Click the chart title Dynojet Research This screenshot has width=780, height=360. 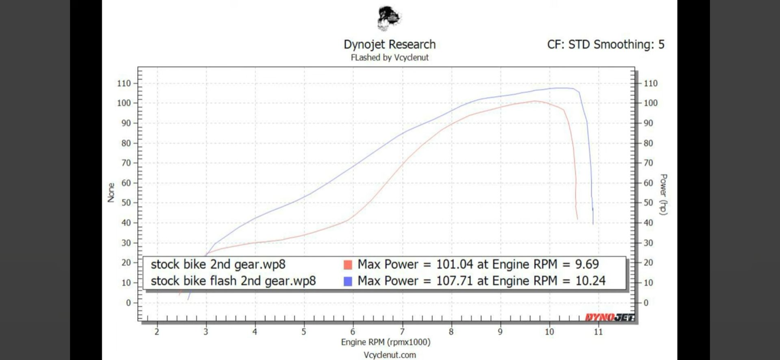tap(390, 44)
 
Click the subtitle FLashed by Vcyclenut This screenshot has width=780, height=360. tap(390, 58)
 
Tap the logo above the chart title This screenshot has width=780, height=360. tap(389, 19)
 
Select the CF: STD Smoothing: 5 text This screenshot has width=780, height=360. tap(605, 44)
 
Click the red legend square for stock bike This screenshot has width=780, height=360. tap(348, 265)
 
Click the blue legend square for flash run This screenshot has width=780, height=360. tap(348, 281)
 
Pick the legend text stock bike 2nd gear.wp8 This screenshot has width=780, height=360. tap(218, 265)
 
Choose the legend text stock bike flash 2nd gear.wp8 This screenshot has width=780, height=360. tap(233, 281)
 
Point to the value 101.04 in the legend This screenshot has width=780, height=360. tap(455, 265)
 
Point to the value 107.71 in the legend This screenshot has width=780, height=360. tap(455, 281)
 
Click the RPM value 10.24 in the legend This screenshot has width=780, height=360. tap(590, 281)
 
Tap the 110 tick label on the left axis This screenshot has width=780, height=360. tap(124, 83)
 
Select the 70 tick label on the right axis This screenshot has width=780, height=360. tap(648, 163)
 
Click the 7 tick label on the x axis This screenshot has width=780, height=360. tap(402, 332)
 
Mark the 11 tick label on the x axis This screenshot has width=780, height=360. tap(598, 332)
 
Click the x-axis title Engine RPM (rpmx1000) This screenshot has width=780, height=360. tap(386, 342)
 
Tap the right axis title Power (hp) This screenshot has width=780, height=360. tap(663, 194)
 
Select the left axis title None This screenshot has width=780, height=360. tap(111, 192)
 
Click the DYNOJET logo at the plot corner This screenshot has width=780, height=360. tap(609, 317)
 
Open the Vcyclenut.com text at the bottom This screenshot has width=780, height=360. tap(390, 355)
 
